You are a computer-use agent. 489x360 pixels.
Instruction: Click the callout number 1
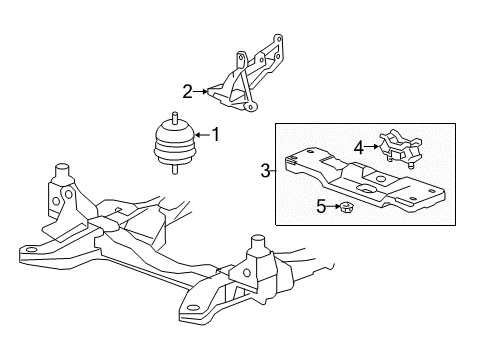214,134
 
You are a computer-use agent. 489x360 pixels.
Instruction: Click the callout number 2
187,92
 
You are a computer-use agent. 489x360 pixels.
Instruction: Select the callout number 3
266,172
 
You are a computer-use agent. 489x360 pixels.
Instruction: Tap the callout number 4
357,147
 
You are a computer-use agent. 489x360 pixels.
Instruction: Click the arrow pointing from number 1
200,134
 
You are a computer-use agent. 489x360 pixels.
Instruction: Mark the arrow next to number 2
201,92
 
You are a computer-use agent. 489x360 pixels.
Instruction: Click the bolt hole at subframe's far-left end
31,249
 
